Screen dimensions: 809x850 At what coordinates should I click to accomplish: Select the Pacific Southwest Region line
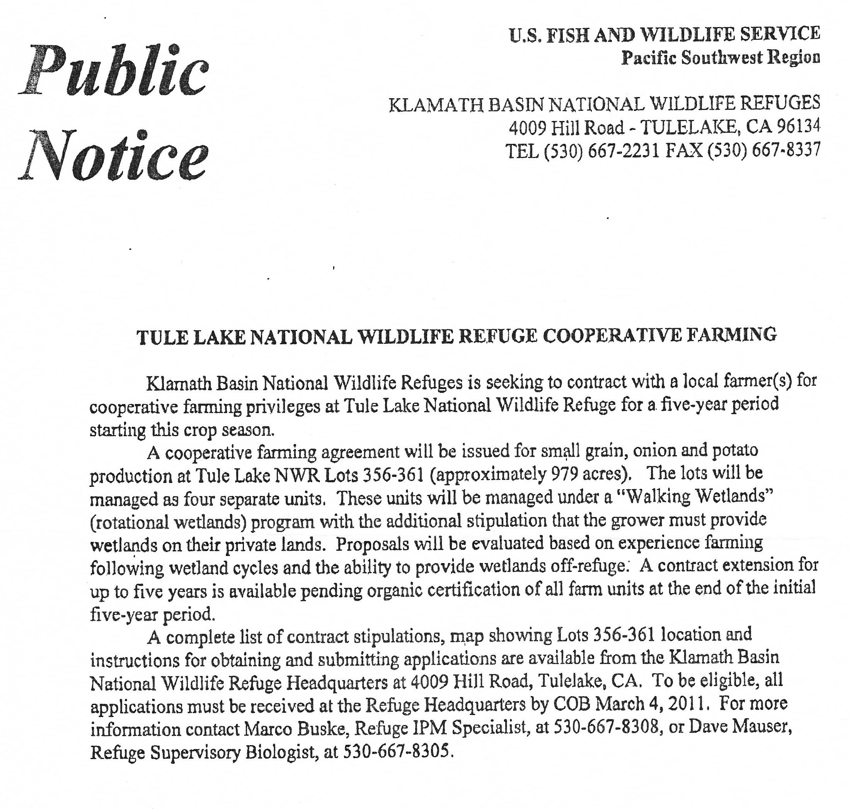[x=720, y=58]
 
